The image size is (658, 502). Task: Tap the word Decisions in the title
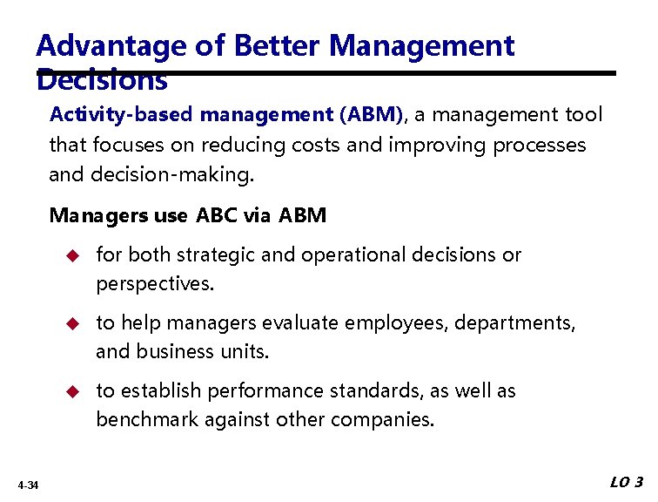[102, 81]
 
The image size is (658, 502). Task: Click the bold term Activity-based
[123, 114]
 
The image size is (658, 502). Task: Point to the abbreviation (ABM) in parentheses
[371, 114]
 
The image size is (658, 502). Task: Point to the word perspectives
[154, 284]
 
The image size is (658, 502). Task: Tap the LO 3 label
[626, 483]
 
